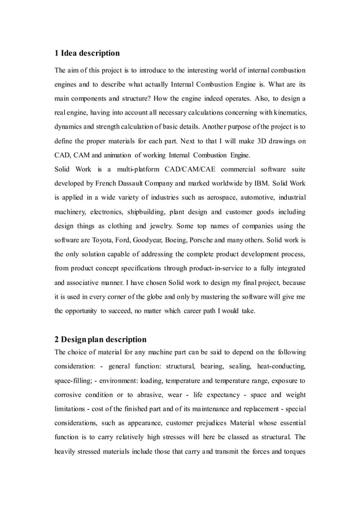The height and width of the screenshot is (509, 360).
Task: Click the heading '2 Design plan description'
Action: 100,339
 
